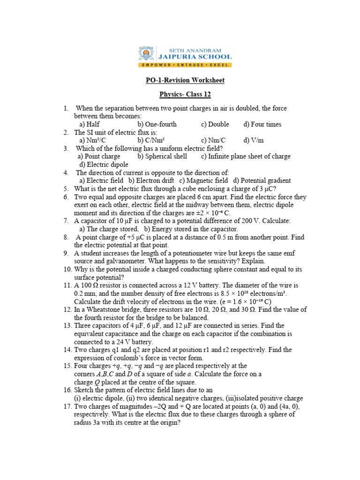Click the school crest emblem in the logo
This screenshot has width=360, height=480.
click(145, 54)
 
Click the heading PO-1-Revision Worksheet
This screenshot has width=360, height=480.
click(185, 80)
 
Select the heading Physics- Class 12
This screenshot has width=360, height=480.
click(185, 95)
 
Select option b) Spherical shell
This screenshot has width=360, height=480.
click(162, 156)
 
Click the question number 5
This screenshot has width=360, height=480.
click(67, 188)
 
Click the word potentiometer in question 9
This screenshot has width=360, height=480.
click(207, 253)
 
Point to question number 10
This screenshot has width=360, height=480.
click(67, 270)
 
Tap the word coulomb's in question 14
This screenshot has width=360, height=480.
click(127, 358)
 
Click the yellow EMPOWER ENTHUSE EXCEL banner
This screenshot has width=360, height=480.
click(185, 63)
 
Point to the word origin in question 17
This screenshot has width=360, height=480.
click(170, 422)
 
